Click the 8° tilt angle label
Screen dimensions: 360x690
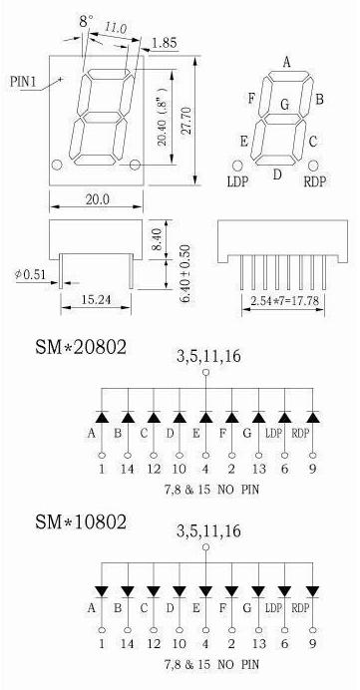[86, 21]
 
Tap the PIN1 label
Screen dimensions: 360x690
[22, 82]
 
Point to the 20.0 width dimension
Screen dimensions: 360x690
[97, 199]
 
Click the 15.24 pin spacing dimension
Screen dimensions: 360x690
[96, 300]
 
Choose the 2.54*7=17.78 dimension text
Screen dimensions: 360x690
[283, 301]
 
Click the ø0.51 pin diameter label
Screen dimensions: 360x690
[30, 275]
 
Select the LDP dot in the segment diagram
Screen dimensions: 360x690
[237, 166]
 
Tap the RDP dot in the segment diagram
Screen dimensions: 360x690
[313, 166]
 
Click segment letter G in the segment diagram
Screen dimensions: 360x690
[285, 105]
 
